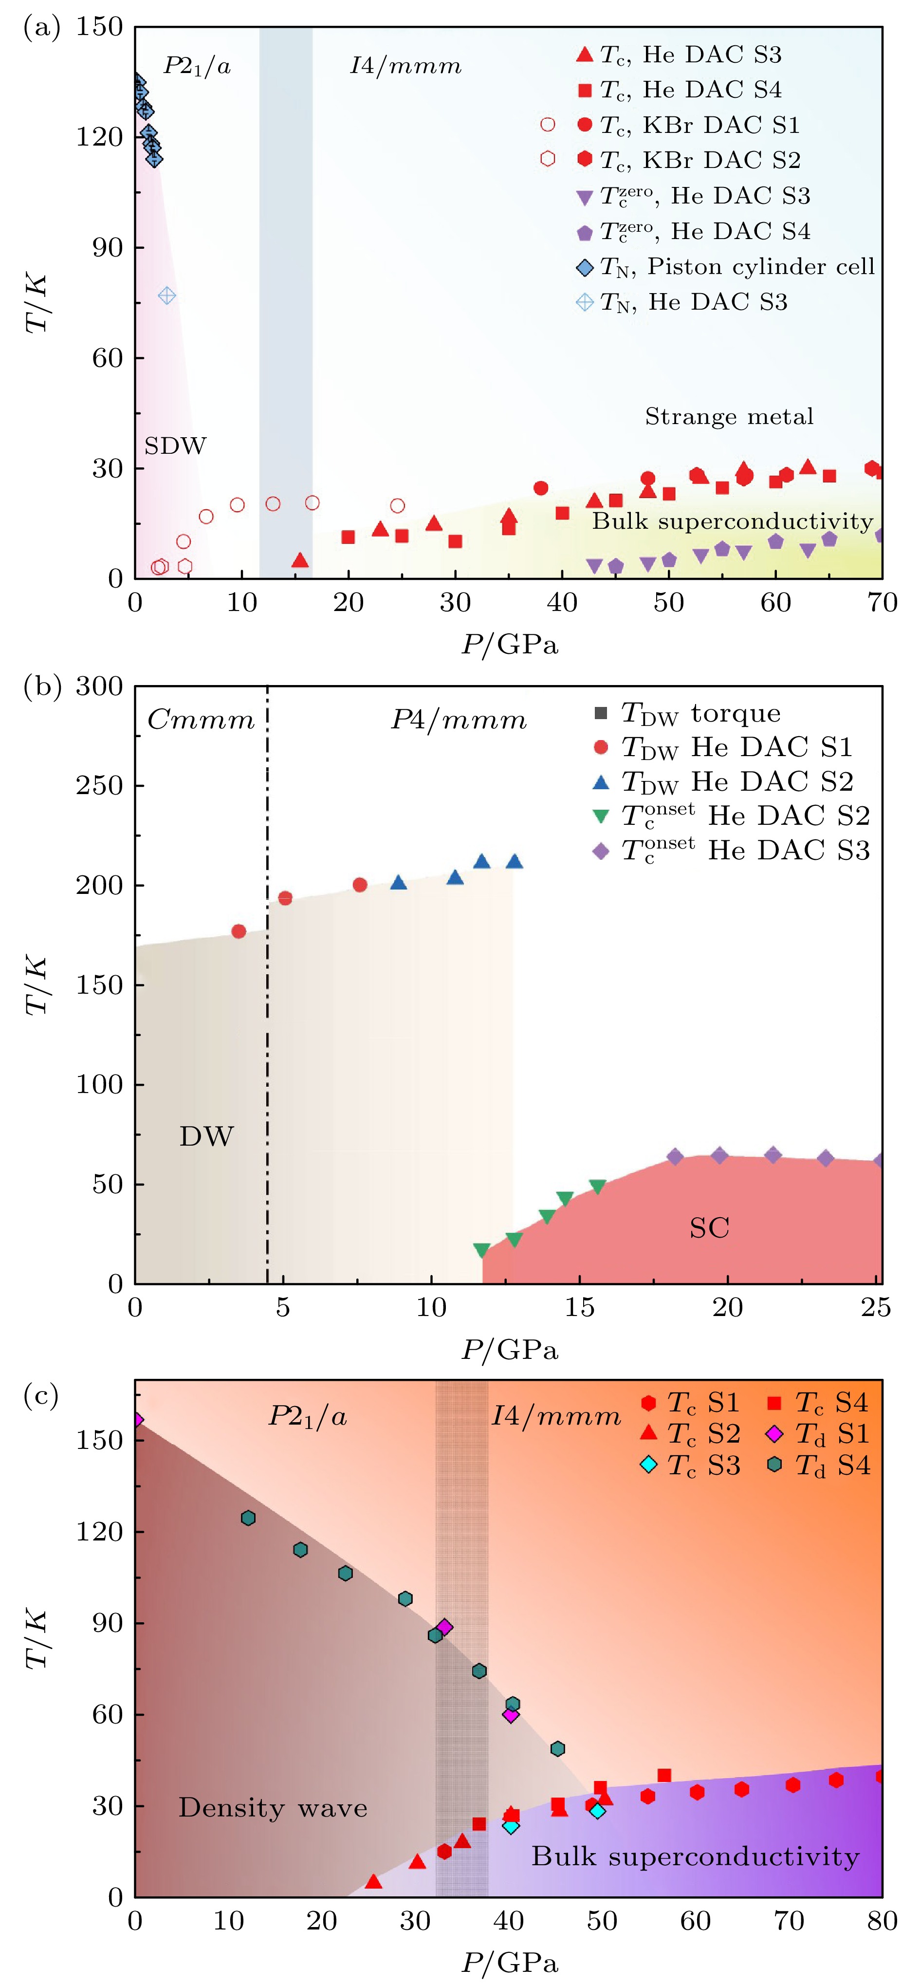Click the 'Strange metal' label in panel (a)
point(729,417)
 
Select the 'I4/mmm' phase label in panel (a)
point(405,66)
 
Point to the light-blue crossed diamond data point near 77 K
point(166,296)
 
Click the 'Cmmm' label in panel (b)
point(201,720)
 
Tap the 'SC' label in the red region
point(709,1227)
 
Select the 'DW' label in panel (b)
point(206,1136)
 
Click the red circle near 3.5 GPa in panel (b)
point(239,931)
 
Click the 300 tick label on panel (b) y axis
point(99,686)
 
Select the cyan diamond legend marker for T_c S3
point(649,1465)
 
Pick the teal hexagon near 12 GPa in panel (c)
point(248,1518)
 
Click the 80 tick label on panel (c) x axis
point(881,1921)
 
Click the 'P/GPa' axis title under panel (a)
point(509,644)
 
